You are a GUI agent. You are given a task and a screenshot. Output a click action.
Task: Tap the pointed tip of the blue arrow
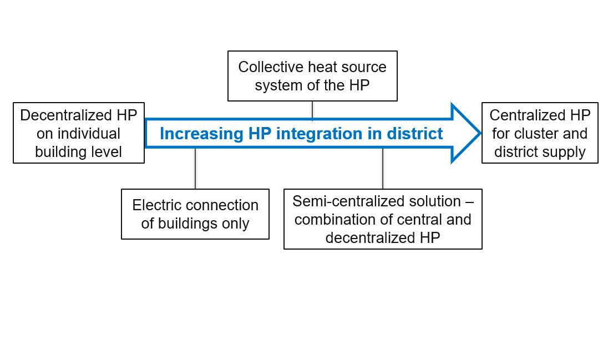pos(479,133)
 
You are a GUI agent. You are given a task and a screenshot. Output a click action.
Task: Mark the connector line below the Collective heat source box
pos(312,110)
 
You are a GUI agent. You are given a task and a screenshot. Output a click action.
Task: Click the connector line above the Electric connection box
pos(195,169)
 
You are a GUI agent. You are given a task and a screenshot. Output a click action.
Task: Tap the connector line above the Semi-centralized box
pos(383,169)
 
